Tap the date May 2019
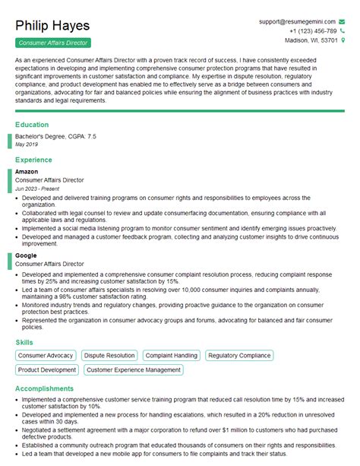point(26,143)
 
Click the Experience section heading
point(34,160)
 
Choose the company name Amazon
point(27,172)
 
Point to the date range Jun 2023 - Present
point(36,187)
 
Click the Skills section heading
point(24,342)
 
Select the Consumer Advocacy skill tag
point(46,355)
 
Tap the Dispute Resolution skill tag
point(109,355)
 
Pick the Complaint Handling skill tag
point(171,355)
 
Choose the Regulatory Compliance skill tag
point(238,355)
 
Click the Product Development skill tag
point(47,369)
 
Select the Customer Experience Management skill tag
point(134,369)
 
